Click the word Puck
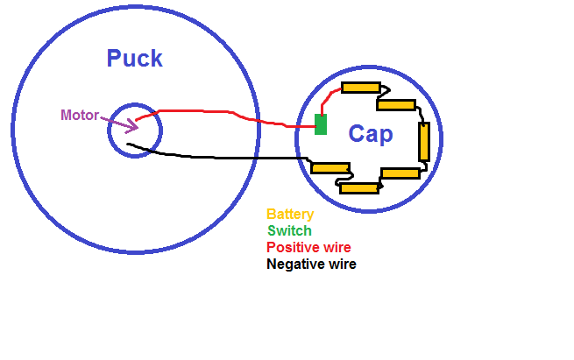point(134,59)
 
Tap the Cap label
point(371,134)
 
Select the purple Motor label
point(80,115)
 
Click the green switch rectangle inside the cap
point(321,124)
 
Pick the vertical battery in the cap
point(424,141)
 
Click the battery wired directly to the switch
point(360,88)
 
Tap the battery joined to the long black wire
point(330,168)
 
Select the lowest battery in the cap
point(358,187)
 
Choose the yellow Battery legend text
point(290,214)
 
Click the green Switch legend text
point(289,230)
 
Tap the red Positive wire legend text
point(308,247)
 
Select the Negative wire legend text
point(311,264)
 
